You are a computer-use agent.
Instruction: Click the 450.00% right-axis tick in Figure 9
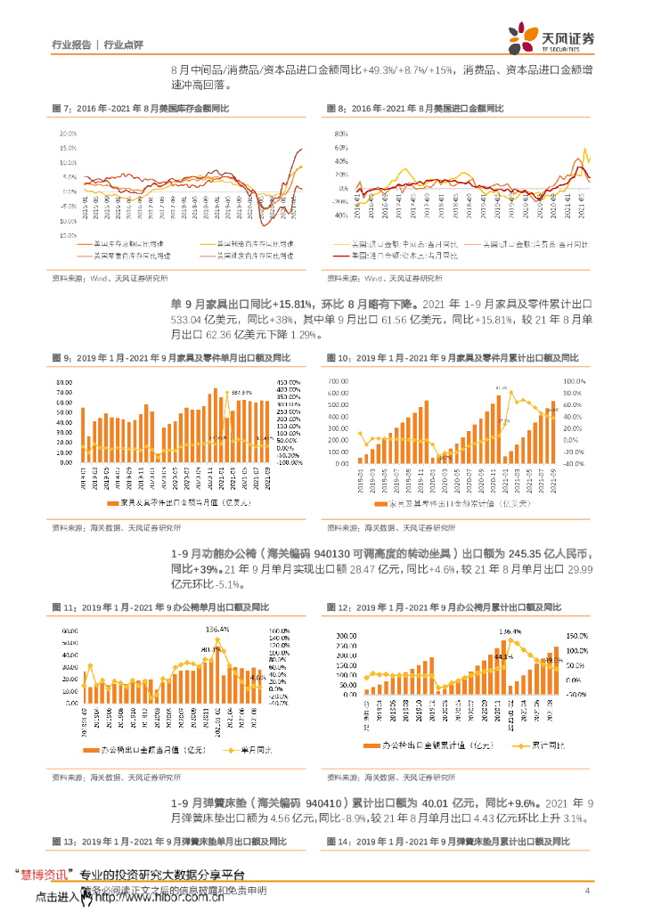point(291,380)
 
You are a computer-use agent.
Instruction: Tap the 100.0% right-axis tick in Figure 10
point(570,380)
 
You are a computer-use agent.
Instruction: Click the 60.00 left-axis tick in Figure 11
point(69,631)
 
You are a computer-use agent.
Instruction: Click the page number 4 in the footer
point(587,892)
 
